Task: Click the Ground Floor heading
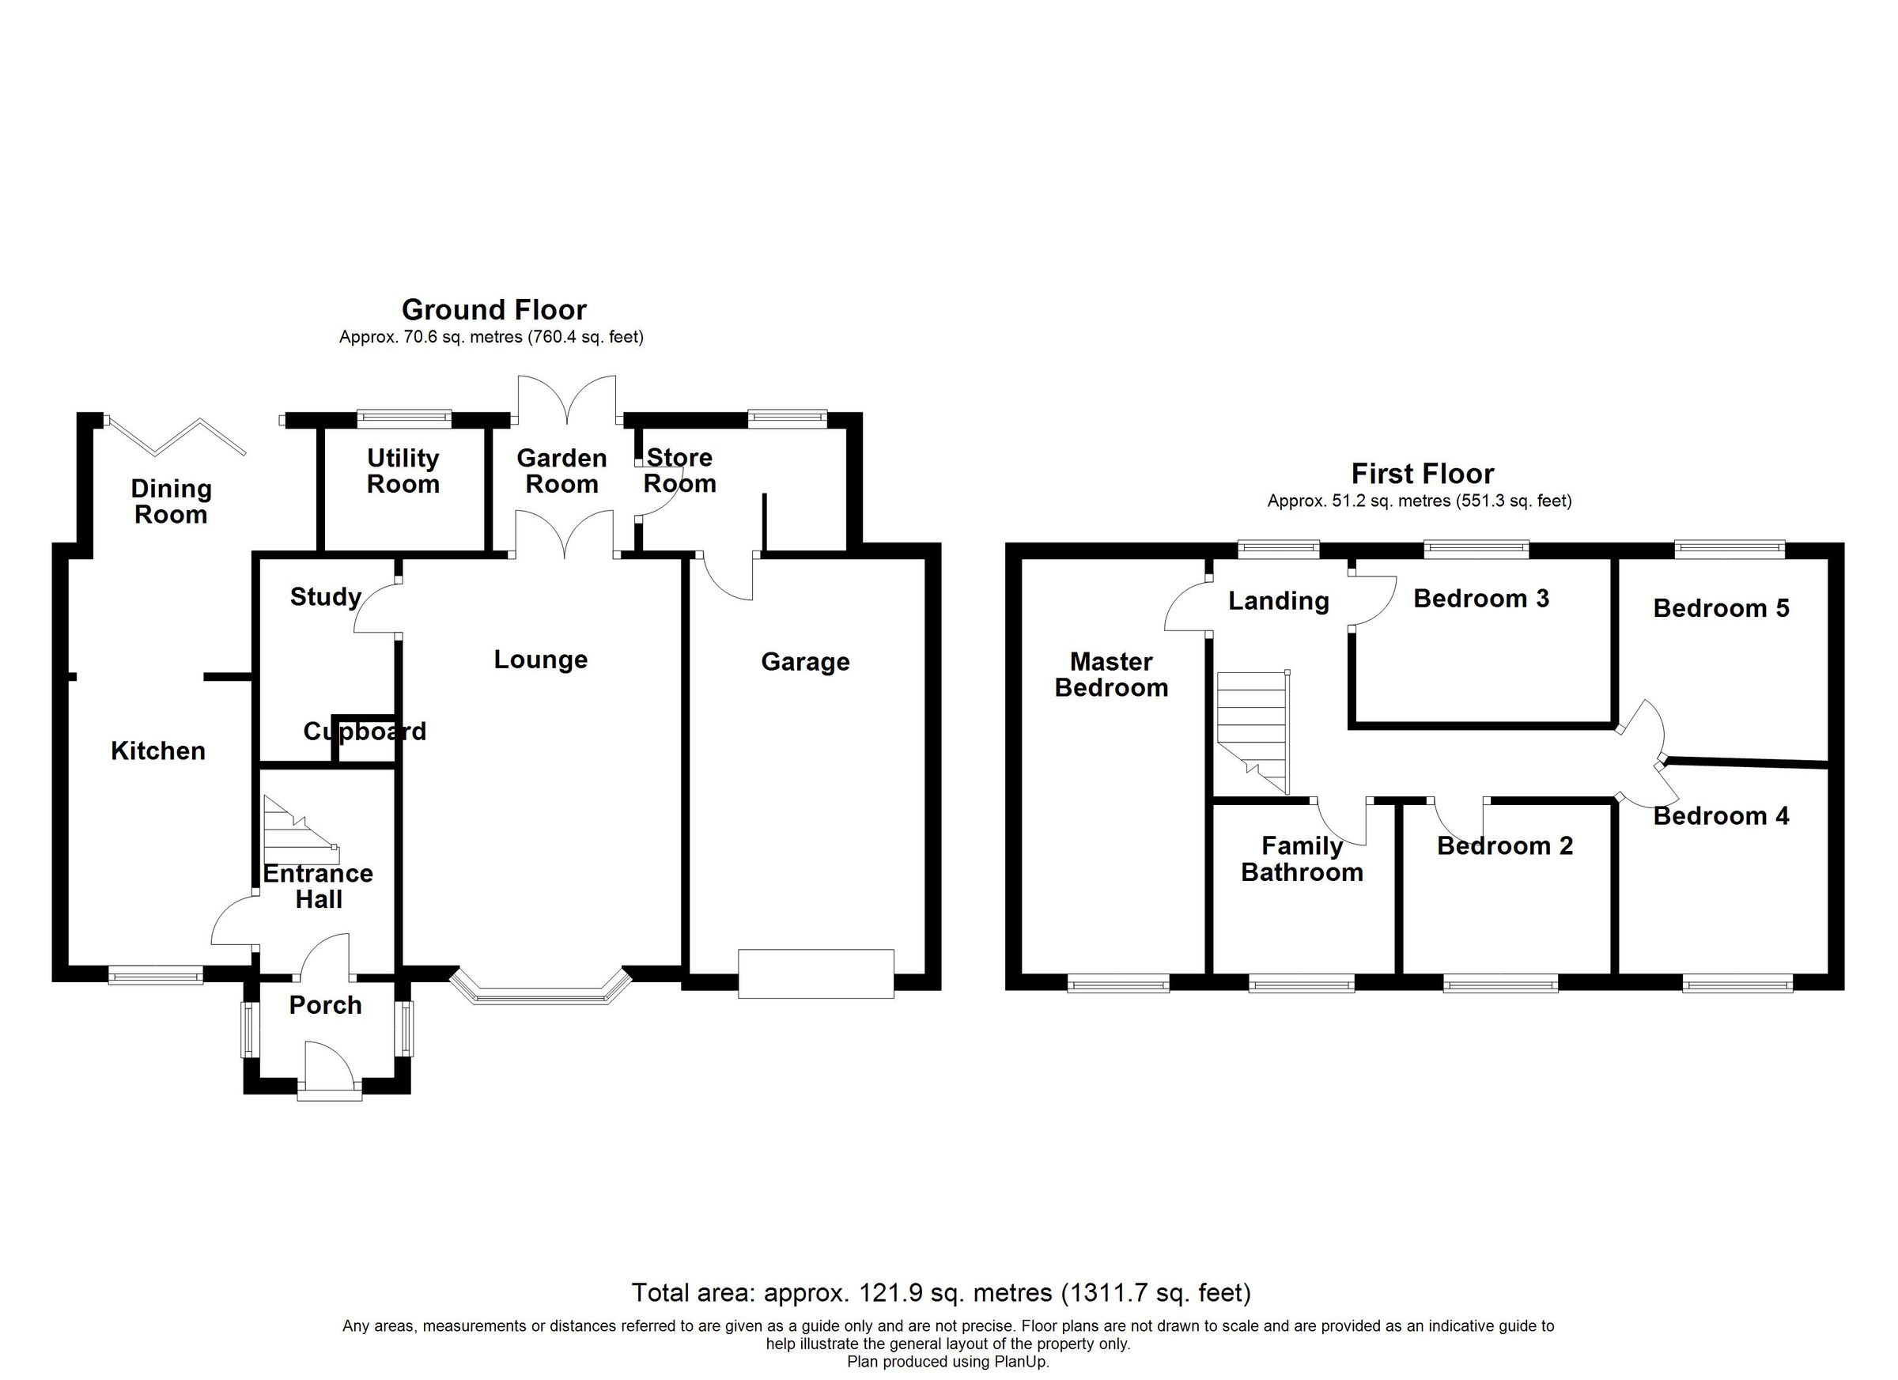pos(493,311)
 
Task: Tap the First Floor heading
pos(1422,474)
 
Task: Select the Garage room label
pos(805,662)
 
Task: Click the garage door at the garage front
pos(816,974)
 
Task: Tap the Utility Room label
pos(403,471)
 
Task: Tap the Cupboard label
pos(365,732)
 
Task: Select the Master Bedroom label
pos(1111,675)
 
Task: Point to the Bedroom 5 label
pos(1721,608)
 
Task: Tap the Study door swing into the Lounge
pos(374,608)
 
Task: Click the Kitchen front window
pos(156,974)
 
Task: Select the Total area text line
pos(940,1293)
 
